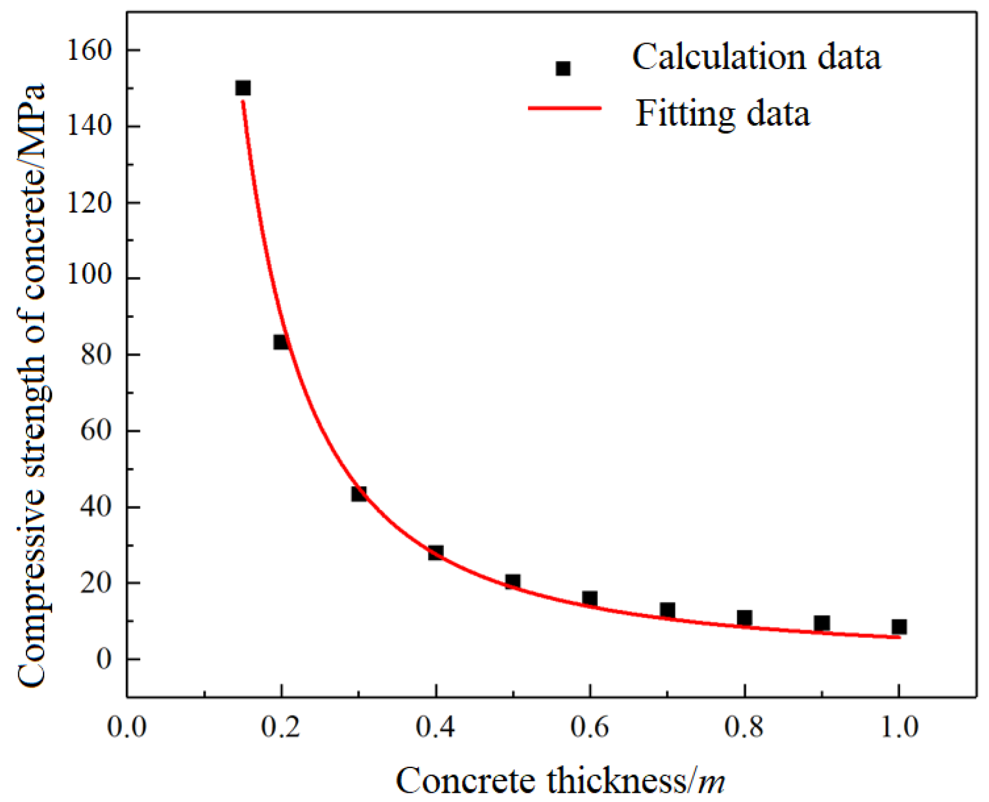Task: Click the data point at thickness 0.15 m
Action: (243, 88)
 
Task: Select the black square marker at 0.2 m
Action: (281, 342)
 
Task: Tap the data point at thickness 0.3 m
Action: (359, 493)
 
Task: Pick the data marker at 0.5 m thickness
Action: (513, 581)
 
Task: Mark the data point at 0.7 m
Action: (667, 609)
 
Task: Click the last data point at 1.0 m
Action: (899, 627)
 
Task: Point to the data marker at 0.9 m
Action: (822, 623)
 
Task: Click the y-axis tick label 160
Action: (89, 51)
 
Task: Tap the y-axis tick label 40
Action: (96, 507)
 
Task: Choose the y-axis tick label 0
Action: (103, 659)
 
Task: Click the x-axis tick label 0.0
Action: (127, 727)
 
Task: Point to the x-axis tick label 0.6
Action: (589, 727)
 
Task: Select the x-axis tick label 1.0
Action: (899, 727)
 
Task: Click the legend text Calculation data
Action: (756, 57)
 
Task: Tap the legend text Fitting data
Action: (723, 113)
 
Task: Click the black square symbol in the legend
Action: (563, 68)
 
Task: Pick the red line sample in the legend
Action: (564, 108)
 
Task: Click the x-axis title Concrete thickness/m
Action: (560, 781)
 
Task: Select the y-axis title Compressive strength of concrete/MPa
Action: (32, 385)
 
